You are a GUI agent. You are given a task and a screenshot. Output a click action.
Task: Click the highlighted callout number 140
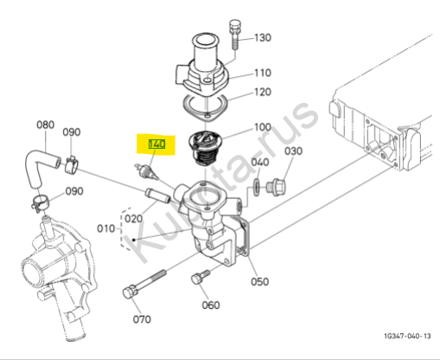[x=156, y=145]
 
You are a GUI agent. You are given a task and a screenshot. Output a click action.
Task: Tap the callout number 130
[x=263, y=37]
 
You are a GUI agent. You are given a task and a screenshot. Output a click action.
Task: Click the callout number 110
[x=263, y=73]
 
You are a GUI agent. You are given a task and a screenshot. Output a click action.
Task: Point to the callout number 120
[x=263, y=92]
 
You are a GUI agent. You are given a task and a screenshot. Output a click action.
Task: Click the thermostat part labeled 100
[x=205, y=148]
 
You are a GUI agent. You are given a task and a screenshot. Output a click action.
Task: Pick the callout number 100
[x=263, y=127]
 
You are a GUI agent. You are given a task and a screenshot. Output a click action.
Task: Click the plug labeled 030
[x=276, y=187]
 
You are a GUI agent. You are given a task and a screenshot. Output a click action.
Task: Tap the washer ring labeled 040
[x=257, y=187]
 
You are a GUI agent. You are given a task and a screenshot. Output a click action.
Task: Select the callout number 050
[x=260, y=281]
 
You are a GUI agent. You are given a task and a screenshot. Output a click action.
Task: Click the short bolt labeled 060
[x=201, y=277]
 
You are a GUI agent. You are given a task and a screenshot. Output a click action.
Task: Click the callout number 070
[x=142, y=319]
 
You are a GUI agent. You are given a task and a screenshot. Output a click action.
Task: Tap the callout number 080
[x=46, y=125]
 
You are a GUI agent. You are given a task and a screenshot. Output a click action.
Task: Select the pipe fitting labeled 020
[x=158, y=196]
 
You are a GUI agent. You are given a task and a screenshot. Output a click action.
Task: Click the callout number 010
[x=106, y=228]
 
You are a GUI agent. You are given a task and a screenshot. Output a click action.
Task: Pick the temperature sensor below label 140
[x=146, y=171]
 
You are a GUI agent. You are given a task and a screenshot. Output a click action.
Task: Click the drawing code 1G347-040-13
[x=407, y=336]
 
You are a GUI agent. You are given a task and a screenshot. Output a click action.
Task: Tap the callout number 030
[x=293, y=151]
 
